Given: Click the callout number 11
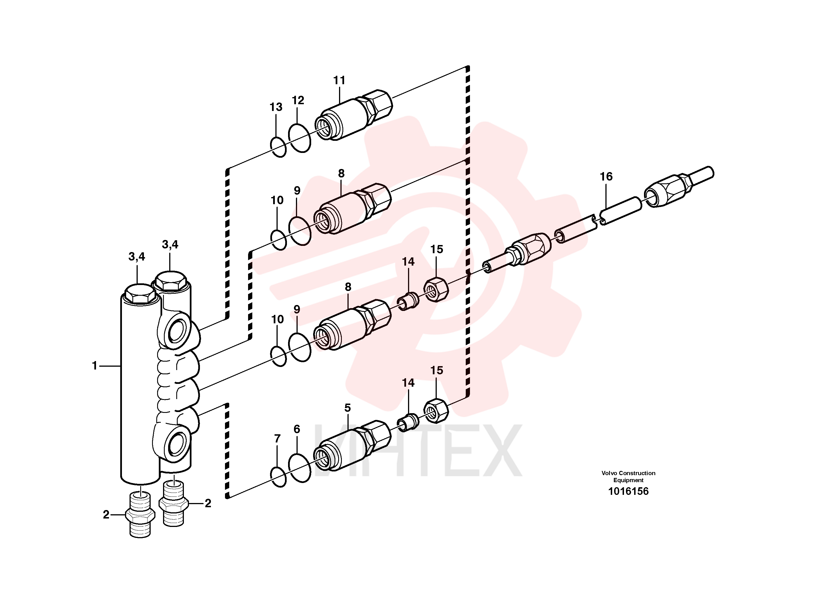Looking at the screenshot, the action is pos(339,80).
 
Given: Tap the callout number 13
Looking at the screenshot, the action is pos(276,107).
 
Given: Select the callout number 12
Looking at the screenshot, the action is pos(298,100).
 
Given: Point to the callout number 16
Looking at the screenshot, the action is pos(606,177).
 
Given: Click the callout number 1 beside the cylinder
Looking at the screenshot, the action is pos(95,365).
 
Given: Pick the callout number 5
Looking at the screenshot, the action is pos(347,408).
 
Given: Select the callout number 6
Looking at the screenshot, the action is pos(297,429).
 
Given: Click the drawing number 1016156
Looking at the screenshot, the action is pos(628,491).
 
